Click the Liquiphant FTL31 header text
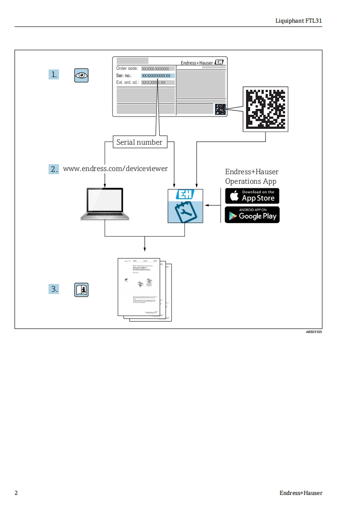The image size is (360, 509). pos(299,21)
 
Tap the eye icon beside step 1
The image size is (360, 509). pos(81,75)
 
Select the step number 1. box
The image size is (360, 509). pos(54,74)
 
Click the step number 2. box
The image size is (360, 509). pos(54,169)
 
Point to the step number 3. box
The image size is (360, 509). pos(54,289)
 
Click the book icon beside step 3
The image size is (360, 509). pos(81,289)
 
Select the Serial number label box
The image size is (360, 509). pos(139,142)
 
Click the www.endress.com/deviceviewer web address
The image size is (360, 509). pos(115,169)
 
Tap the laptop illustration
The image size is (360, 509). pos(105,205)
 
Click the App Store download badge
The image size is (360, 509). pos(252,196)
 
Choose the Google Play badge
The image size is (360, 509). pos(252,215)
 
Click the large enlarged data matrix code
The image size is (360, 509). pos(266,109)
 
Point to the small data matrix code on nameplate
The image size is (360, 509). pos(220,109)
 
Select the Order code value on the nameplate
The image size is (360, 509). pos(158,69)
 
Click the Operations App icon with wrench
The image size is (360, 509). pos(185,206)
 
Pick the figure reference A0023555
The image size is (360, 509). pos(314,332)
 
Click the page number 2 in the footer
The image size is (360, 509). pos(16,493)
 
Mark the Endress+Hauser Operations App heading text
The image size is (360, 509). pos(252,176)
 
